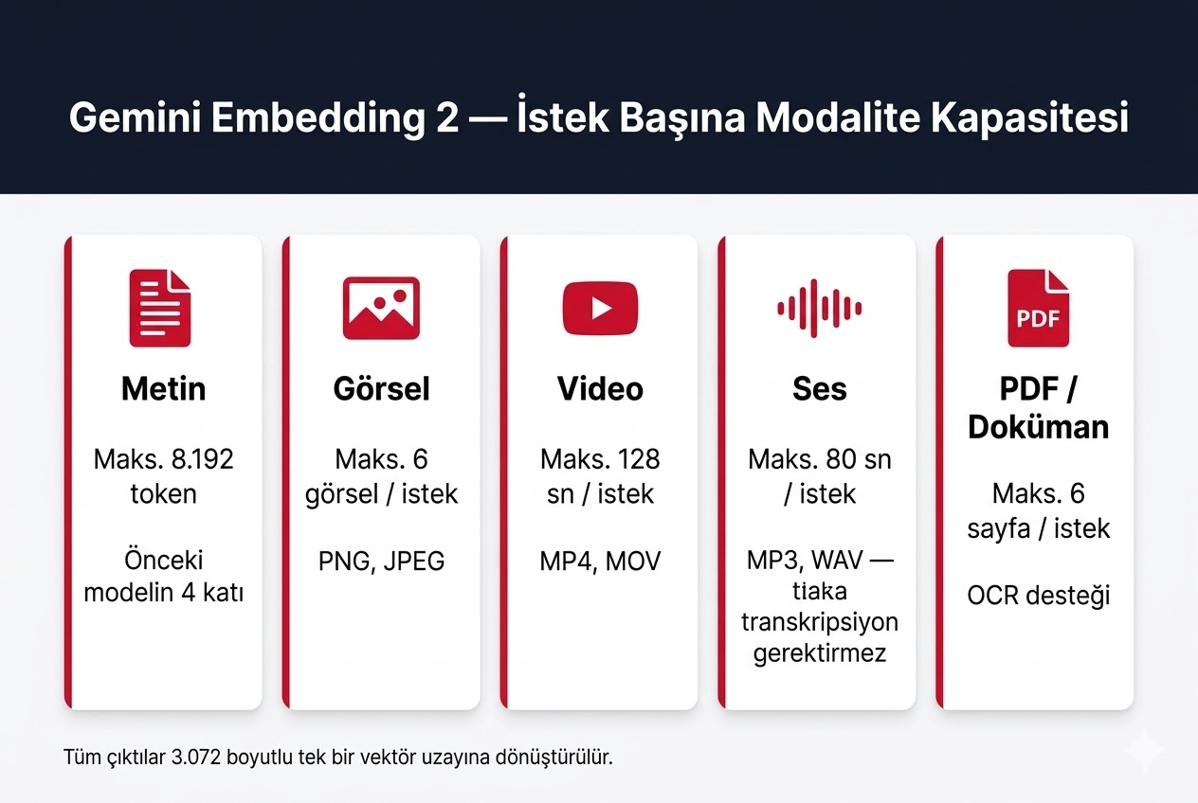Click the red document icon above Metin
[x=159, y=308]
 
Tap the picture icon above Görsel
[x=381, y=308]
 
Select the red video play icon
[x=600, y=308]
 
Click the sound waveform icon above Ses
[x=819, y=308]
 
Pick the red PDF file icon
[x=1038, y=308]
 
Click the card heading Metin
[x=163, y=389]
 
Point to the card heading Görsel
[x=381, y=389]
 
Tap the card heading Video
[x=600, y=389]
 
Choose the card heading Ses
[x=819, y=389]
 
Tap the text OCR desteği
[x=1038, y=596]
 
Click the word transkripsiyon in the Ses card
[x=819, y=622]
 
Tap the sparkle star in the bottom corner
[x=1145, y=750]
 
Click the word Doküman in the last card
[x=1038, y=426]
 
